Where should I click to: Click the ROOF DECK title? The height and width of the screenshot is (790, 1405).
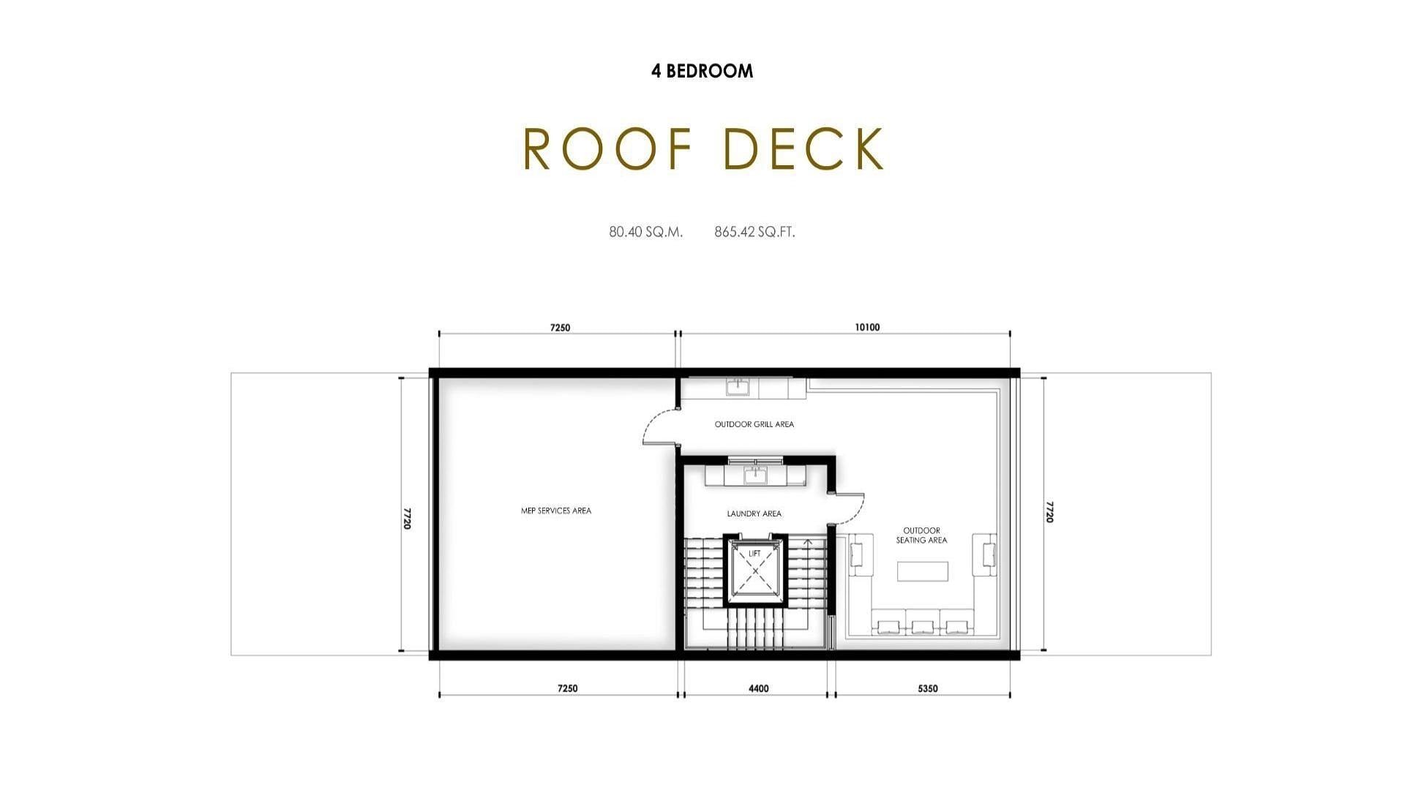pyautogui.click(x=704, y=149)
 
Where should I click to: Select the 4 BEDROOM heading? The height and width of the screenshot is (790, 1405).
pyautogui.click(x=702, y=71)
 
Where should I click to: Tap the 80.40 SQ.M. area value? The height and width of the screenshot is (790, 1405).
pyautogui.click(x=646, y=232)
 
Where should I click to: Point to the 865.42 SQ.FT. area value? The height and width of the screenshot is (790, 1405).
pyautogui.click(x=755, y=232)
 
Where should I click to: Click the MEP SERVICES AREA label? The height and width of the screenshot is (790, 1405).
pyautogui.click(x=556, y=511)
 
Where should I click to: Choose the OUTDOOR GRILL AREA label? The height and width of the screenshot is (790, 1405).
pyautogui.click(x=754, y=424)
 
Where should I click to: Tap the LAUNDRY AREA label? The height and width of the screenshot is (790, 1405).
pyautogui.click(x=754, y=513)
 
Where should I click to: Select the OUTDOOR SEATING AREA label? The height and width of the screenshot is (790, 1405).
pyautogui.click(x=922, y=535)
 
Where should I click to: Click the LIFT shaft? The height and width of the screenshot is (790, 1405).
pyautogui.click(x=755, y=571)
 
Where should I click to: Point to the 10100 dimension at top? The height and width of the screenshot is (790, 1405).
pyautogui.click(x=867, y=327)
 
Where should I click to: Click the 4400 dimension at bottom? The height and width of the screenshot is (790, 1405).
pyautogui.click(x=759, y=688)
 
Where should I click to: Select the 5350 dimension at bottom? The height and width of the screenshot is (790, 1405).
pyautogui.click(x=927, y=688)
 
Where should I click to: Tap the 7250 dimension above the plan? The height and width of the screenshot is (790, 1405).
pyautogui.click(x=560, y=328)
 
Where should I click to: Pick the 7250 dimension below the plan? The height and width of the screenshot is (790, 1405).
pyautogui.click(x=567, y=688)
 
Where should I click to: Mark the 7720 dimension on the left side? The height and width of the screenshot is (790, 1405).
pyautogui.click(x=407, y=518)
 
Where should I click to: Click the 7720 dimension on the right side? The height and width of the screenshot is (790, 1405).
pyautogui.click(x=1049, y=512)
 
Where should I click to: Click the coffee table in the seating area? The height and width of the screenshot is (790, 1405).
pyautogui.click(x=923, y=571)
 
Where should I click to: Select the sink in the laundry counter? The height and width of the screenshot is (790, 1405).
pyautogui.click(x=755, y=475)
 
